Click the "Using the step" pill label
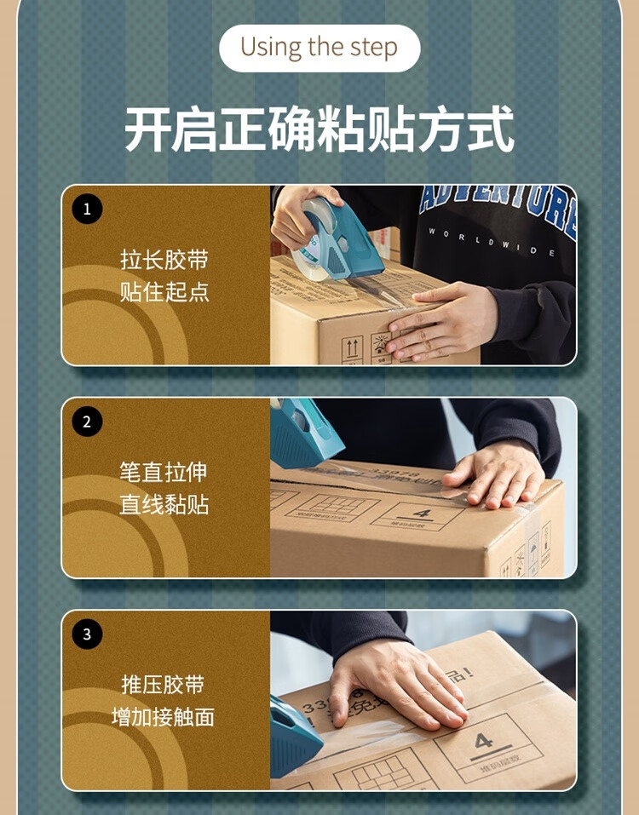319,48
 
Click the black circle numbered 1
87,209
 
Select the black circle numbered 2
87,422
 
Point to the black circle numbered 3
87,634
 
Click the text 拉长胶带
164,260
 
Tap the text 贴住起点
164,292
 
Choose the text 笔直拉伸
164,472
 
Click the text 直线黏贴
164,505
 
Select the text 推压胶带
164,684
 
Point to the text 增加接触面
164,717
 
